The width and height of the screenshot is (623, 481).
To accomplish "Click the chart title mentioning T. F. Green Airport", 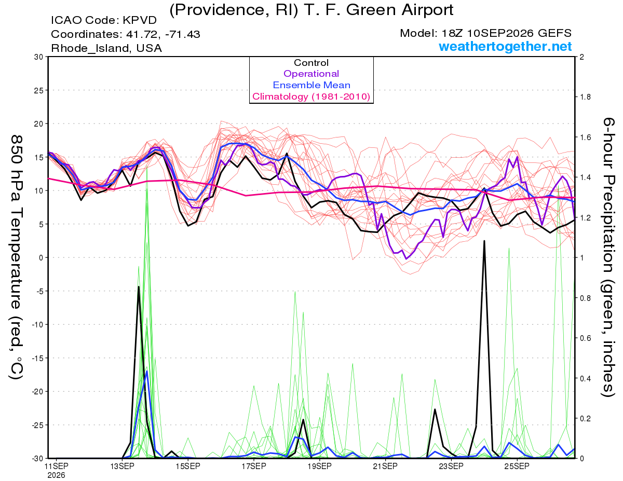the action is point(311,10).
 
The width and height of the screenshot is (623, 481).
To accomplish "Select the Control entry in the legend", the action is point(311,63).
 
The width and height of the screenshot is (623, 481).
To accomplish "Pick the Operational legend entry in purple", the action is point(311,74).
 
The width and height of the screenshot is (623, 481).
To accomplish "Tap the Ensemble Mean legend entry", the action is point(311,85).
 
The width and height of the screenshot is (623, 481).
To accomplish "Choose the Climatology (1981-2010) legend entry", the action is point(311,97).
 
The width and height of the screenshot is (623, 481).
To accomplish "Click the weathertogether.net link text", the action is point(505,47).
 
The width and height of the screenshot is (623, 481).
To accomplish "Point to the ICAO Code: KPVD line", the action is point(104,20).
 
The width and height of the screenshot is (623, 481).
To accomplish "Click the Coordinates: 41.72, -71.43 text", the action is point(126,34).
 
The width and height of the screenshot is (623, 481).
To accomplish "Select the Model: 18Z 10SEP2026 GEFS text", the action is point(485,33).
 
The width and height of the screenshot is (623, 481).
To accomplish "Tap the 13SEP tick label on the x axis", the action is point(123,466).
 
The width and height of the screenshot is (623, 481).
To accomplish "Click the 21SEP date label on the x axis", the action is point(385,466).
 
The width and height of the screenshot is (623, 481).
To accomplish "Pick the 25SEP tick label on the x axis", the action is point(517,466).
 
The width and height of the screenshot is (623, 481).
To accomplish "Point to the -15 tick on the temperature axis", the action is point(37,358).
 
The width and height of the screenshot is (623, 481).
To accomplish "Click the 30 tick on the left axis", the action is point(39,57).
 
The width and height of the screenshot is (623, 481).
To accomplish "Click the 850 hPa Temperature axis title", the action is point(17,257).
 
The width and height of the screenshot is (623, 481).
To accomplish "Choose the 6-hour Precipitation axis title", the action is point(608,257).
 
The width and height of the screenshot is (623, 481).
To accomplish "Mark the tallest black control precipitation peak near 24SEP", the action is point(484,241).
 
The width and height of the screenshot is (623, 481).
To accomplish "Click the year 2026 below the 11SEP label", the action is point(56,475).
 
